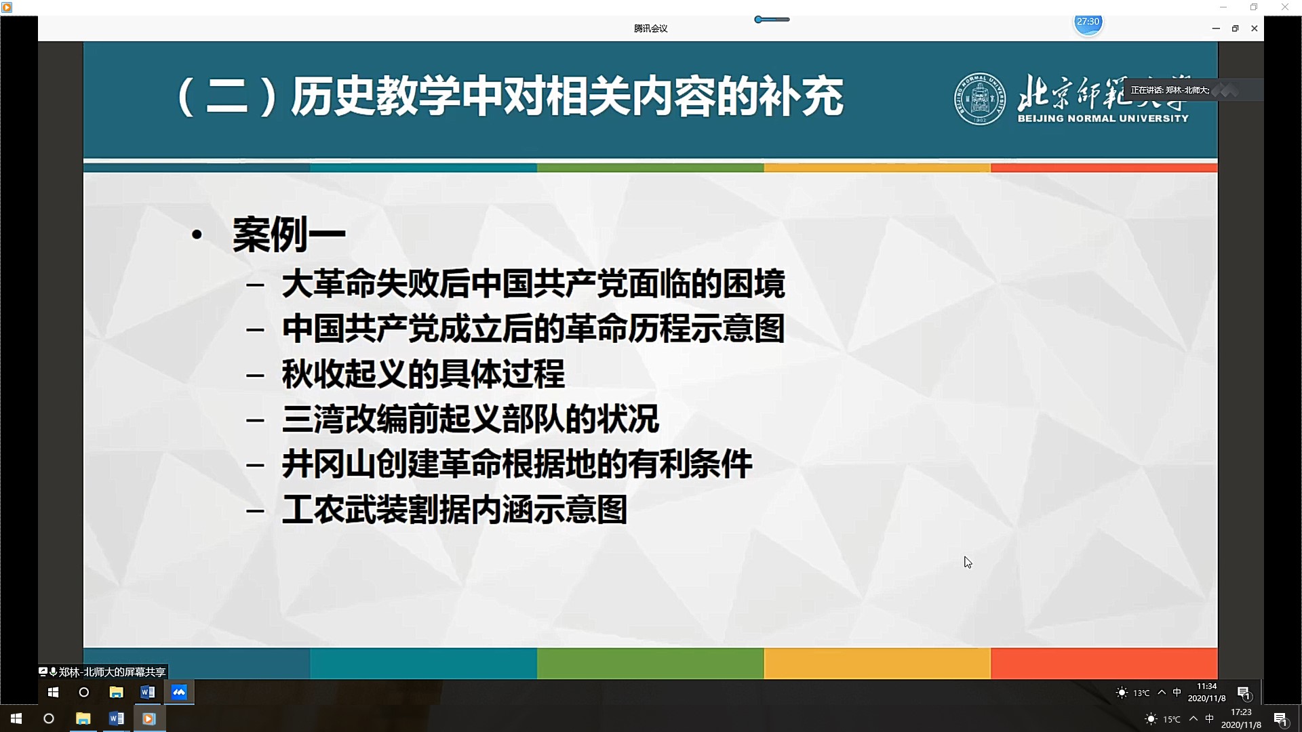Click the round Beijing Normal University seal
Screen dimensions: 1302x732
(x=979, y=99)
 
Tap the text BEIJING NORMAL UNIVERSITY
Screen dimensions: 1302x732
(x=1103, y=119)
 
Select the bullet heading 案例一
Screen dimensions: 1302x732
(x=289, y=235)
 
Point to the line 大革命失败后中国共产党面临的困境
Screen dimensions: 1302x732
(x=533, y=284)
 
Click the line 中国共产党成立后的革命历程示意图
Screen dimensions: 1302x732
(x=533, y=329)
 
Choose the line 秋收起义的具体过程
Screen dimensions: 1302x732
(x=423, y=374)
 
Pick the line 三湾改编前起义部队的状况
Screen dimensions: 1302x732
(x=470, y=419)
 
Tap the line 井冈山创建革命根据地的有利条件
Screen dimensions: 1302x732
(x=517, y=464)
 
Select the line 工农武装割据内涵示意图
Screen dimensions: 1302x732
(x=454, y=510)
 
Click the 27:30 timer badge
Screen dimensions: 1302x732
(x=1088, y=22)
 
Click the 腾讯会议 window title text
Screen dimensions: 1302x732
(x=650, y=28)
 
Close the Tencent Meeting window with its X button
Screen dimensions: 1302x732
(x=1254, y=28)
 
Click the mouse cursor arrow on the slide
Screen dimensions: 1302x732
(x=968, y=562)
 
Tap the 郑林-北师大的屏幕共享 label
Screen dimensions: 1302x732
(x=112, y=672)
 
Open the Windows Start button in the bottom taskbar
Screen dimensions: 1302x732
(x=16, y=718)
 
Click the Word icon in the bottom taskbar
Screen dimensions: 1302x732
(x=116, y=718)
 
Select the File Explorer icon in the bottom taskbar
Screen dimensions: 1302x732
(x=83, y=718)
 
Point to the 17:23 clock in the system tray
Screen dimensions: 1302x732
(x=1241, y=712)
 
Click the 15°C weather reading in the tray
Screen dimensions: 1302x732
(x=1172, y=719)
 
